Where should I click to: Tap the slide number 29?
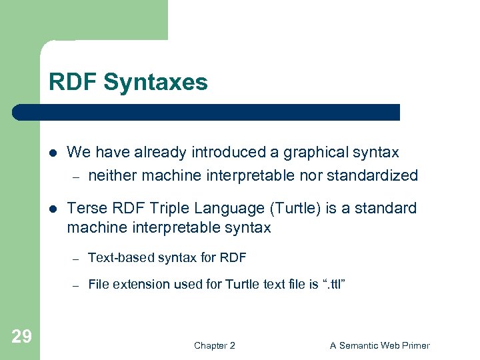point(21,337)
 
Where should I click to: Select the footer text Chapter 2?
point(214,345)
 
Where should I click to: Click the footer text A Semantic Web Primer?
point(379,345)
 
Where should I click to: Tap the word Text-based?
point(115,258)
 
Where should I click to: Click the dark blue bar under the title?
point(207,112)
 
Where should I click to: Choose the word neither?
point(111,176)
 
